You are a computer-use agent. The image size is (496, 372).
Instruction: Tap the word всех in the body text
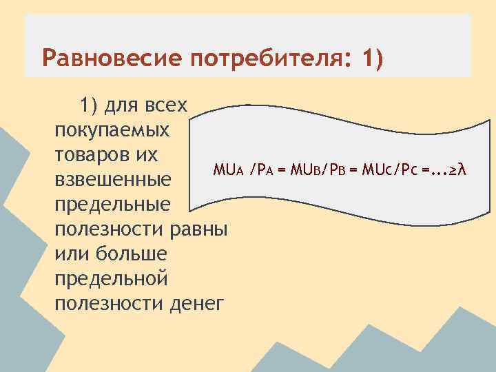click(165, 105)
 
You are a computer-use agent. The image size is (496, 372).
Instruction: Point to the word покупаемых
click(110, 130)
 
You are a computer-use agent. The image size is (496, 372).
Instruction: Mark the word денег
click(196, 302)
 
